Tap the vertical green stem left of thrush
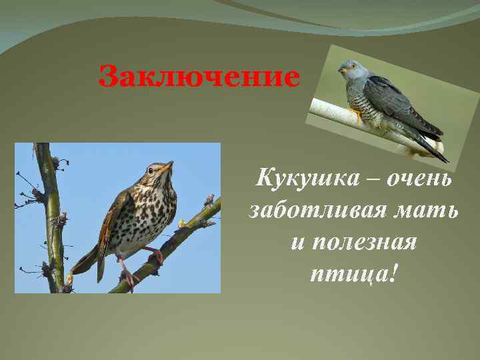50,213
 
